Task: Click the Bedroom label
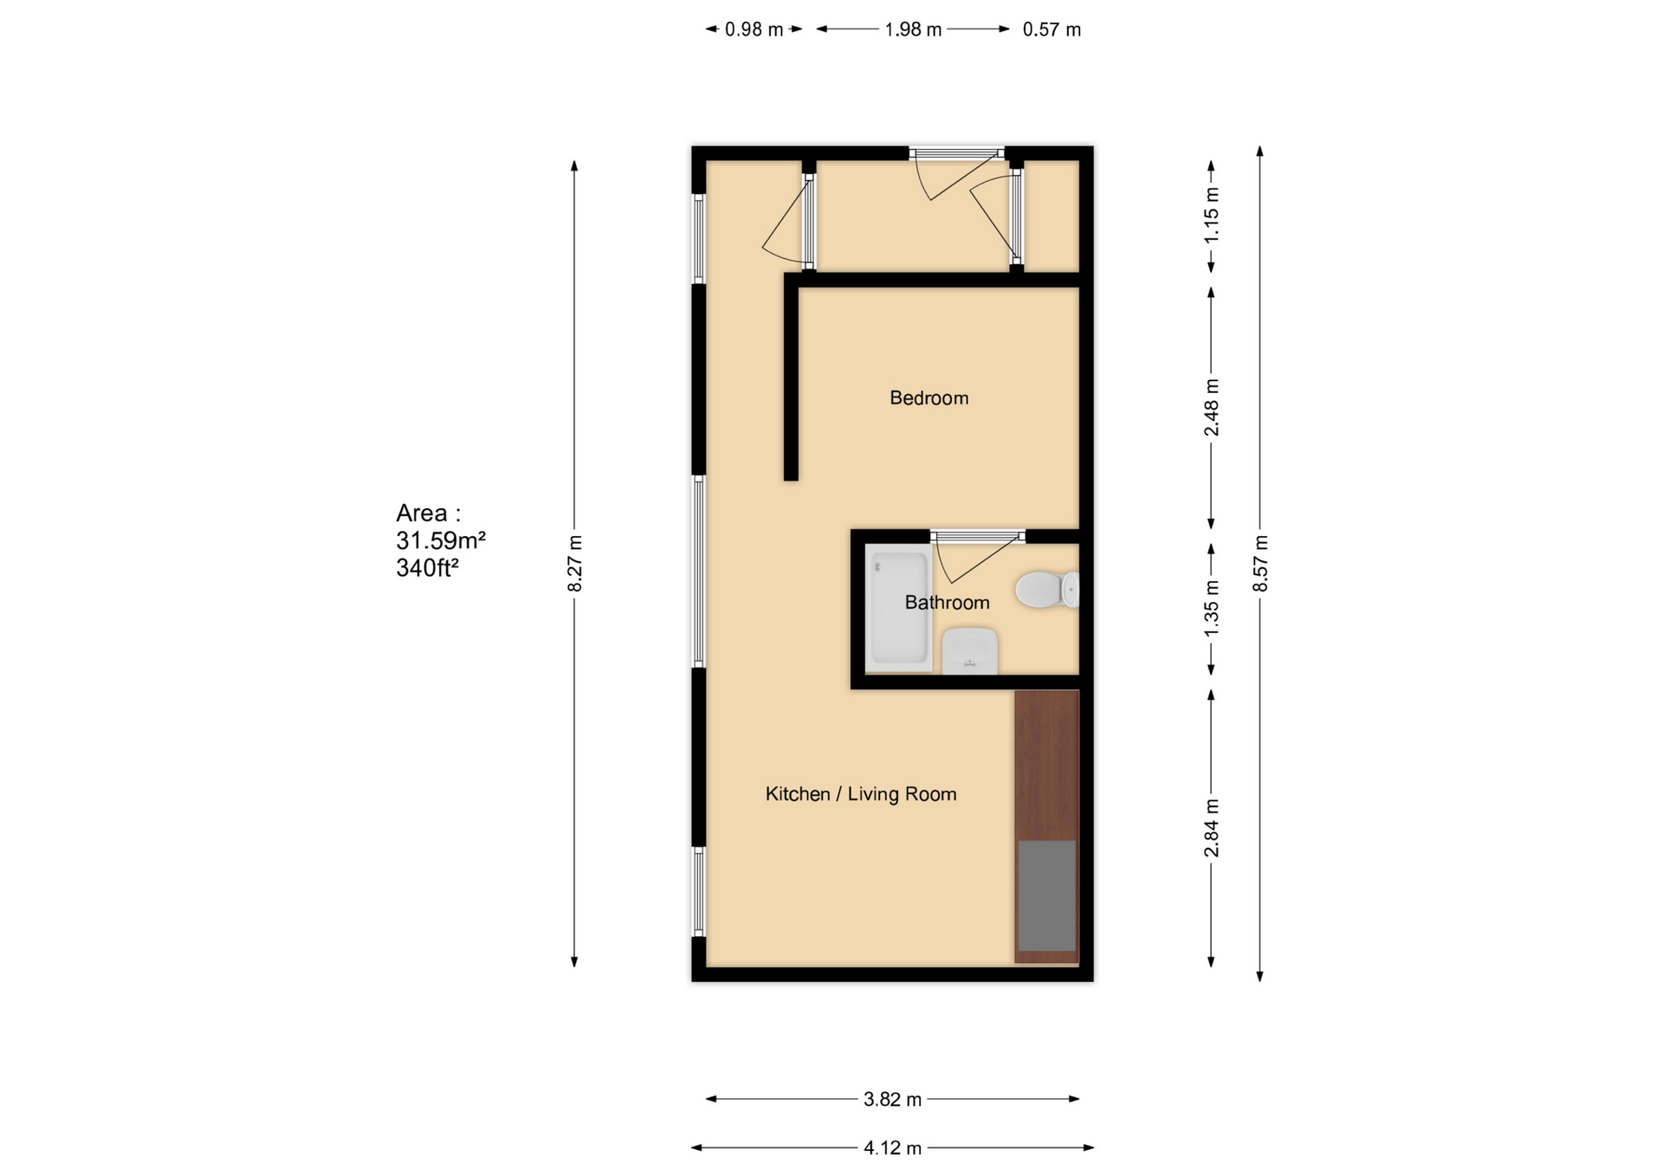[929, 398]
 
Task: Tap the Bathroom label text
[947, 603]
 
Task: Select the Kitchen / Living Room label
[860, 794]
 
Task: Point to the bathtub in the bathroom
[898, 610]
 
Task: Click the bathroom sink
[969, 651]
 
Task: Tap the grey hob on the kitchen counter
[1046, 895]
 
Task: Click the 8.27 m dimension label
[575, 564]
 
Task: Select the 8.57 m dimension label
[1260, 564]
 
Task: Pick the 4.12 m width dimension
[892, 1148]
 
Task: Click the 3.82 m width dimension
[892, 1100]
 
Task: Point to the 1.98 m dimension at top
[912, 29]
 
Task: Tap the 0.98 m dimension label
[754, 29]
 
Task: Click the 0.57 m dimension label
[1052, 29]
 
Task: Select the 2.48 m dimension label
[1212, 407]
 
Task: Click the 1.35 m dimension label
[1212, 609]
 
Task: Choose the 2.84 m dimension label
[1212, 829]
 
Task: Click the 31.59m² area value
[441, 541]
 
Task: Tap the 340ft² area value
[427, 568]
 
